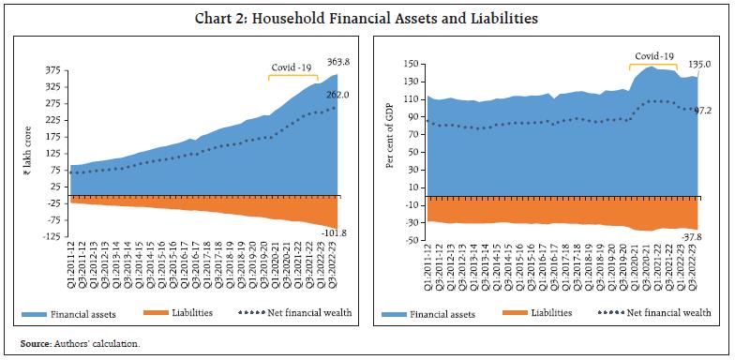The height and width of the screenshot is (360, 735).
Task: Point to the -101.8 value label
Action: coord(337,233)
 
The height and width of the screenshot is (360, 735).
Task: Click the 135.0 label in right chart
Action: coord(701,64)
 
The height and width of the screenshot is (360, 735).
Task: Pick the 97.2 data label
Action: coord(705,110)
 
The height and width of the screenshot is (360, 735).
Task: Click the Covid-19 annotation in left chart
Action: coord(291,67)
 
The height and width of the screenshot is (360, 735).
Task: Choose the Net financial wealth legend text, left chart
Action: coord(312,312)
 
